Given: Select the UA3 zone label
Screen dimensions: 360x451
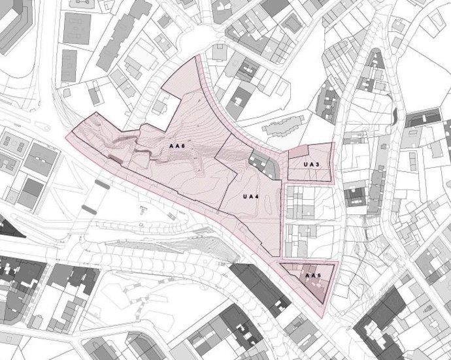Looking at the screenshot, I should click(311, 164).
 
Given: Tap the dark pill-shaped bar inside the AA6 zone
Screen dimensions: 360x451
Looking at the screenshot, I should click(116, 158).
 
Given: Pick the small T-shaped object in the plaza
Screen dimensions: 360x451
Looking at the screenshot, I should click(142, 210).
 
